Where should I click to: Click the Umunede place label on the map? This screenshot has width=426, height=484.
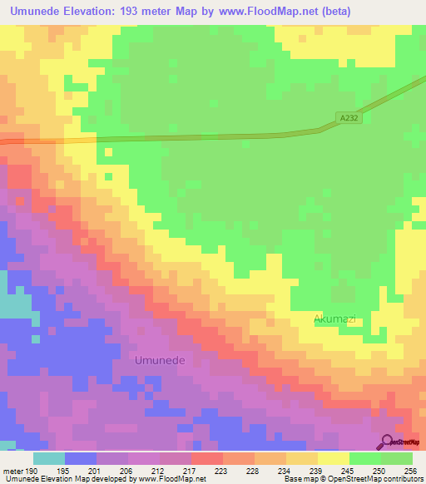[160, 360]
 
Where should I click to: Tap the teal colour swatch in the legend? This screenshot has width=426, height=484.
[49, 457]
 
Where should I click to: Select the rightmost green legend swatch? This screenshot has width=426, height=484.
[397, 457]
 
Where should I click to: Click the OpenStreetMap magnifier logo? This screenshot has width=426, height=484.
[387, 442]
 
